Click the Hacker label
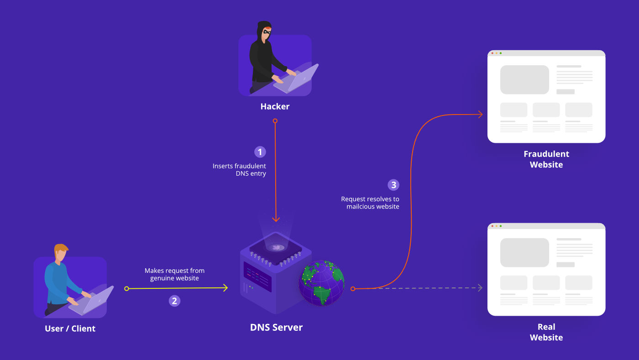pos(275,106)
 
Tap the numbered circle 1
pos(260,151)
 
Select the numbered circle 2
pos(174,301)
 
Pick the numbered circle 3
pos(393,185)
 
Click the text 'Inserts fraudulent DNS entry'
pos(239,170)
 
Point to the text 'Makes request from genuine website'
pos(174,274)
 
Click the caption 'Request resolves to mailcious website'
pos(370,203)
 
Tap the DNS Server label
pos(276,327)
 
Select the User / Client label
pos(70,329)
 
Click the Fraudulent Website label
pos(546,159)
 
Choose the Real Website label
pos(546,332)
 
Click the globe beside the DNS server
pos(321,283)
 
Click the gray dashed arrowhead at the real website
pos(480,287)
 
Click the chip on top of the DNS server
pos(276,247)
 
